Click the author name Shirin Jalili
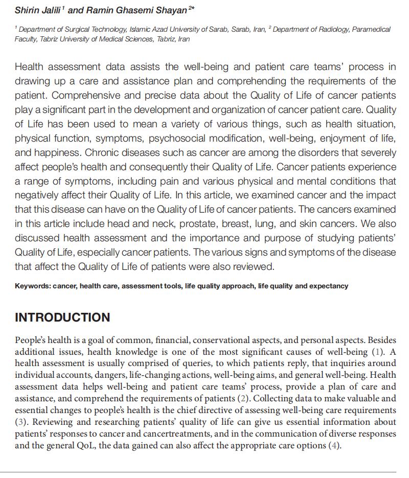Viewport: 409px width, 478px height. (x=35, y=10)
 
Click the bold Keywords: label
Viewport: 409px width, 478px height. (x=33, y=286)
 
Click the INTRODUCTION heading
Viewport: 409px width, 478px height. (x=62, y=317)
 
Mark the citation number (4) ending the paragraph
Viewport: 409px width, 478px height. (x=333, y=446)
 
